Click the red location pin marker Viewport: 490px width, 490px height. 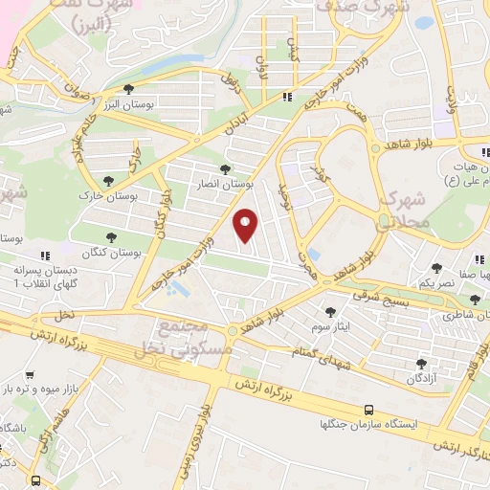tap(246, 224)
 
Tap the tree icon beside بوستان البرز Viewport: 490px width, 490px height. tap(128, 89)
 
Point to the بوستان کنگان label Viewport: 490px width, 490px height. tap(110, 253)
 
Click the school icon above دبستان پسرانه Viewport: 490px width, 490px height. tap(44, 256)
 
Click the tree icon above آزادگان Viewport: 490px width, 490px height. tap(421, 364)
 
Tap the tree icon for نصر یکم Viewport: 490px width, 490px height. tap(436, 268)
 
